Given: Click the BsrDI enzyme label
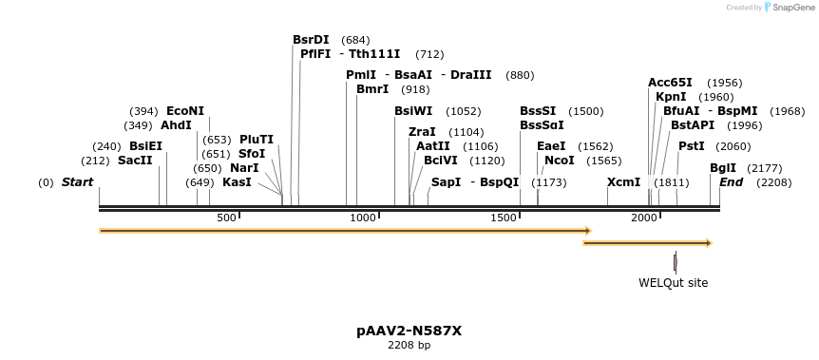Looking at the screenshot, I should coord(311,40).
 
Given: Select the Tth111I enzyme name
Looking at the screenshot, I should coord(374,54).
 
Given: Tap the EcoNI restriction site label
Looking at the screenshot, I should coord(185,111).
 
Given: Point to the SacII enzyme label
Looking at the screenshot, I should coord(135,161).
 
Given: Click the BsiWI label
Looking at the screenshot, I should coord(413,111).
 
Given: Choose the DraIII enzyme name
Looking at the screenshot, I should coord(470,75).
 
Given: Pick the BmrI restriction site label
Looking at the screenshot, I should coord(372,89).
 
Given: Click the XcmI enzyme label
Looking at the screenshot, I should coord(623,181).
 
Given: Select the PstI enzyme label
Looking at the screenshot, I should coord(692,146).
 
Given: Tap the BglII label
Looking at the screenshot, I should coord(723,168).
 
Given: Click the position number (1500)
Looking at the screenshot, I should coord(586,111).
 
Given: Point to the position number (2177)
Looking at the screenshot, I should coord(765,168).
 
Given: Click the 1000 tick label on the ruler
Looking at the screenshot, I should coord(364,218).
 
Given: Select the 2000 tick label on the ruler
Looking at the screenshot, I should coord(644,218).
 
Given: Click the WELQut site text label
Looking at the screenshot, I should coord(673,283).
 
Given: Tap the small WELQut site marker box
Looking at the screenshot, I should coord(676,262).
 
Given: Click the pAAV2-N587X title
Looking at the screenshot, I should coord(409,331).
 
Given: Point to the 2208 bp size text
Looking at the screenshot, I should coord(409,346).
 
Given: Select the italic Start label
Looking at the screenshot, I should coord(77,181).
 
